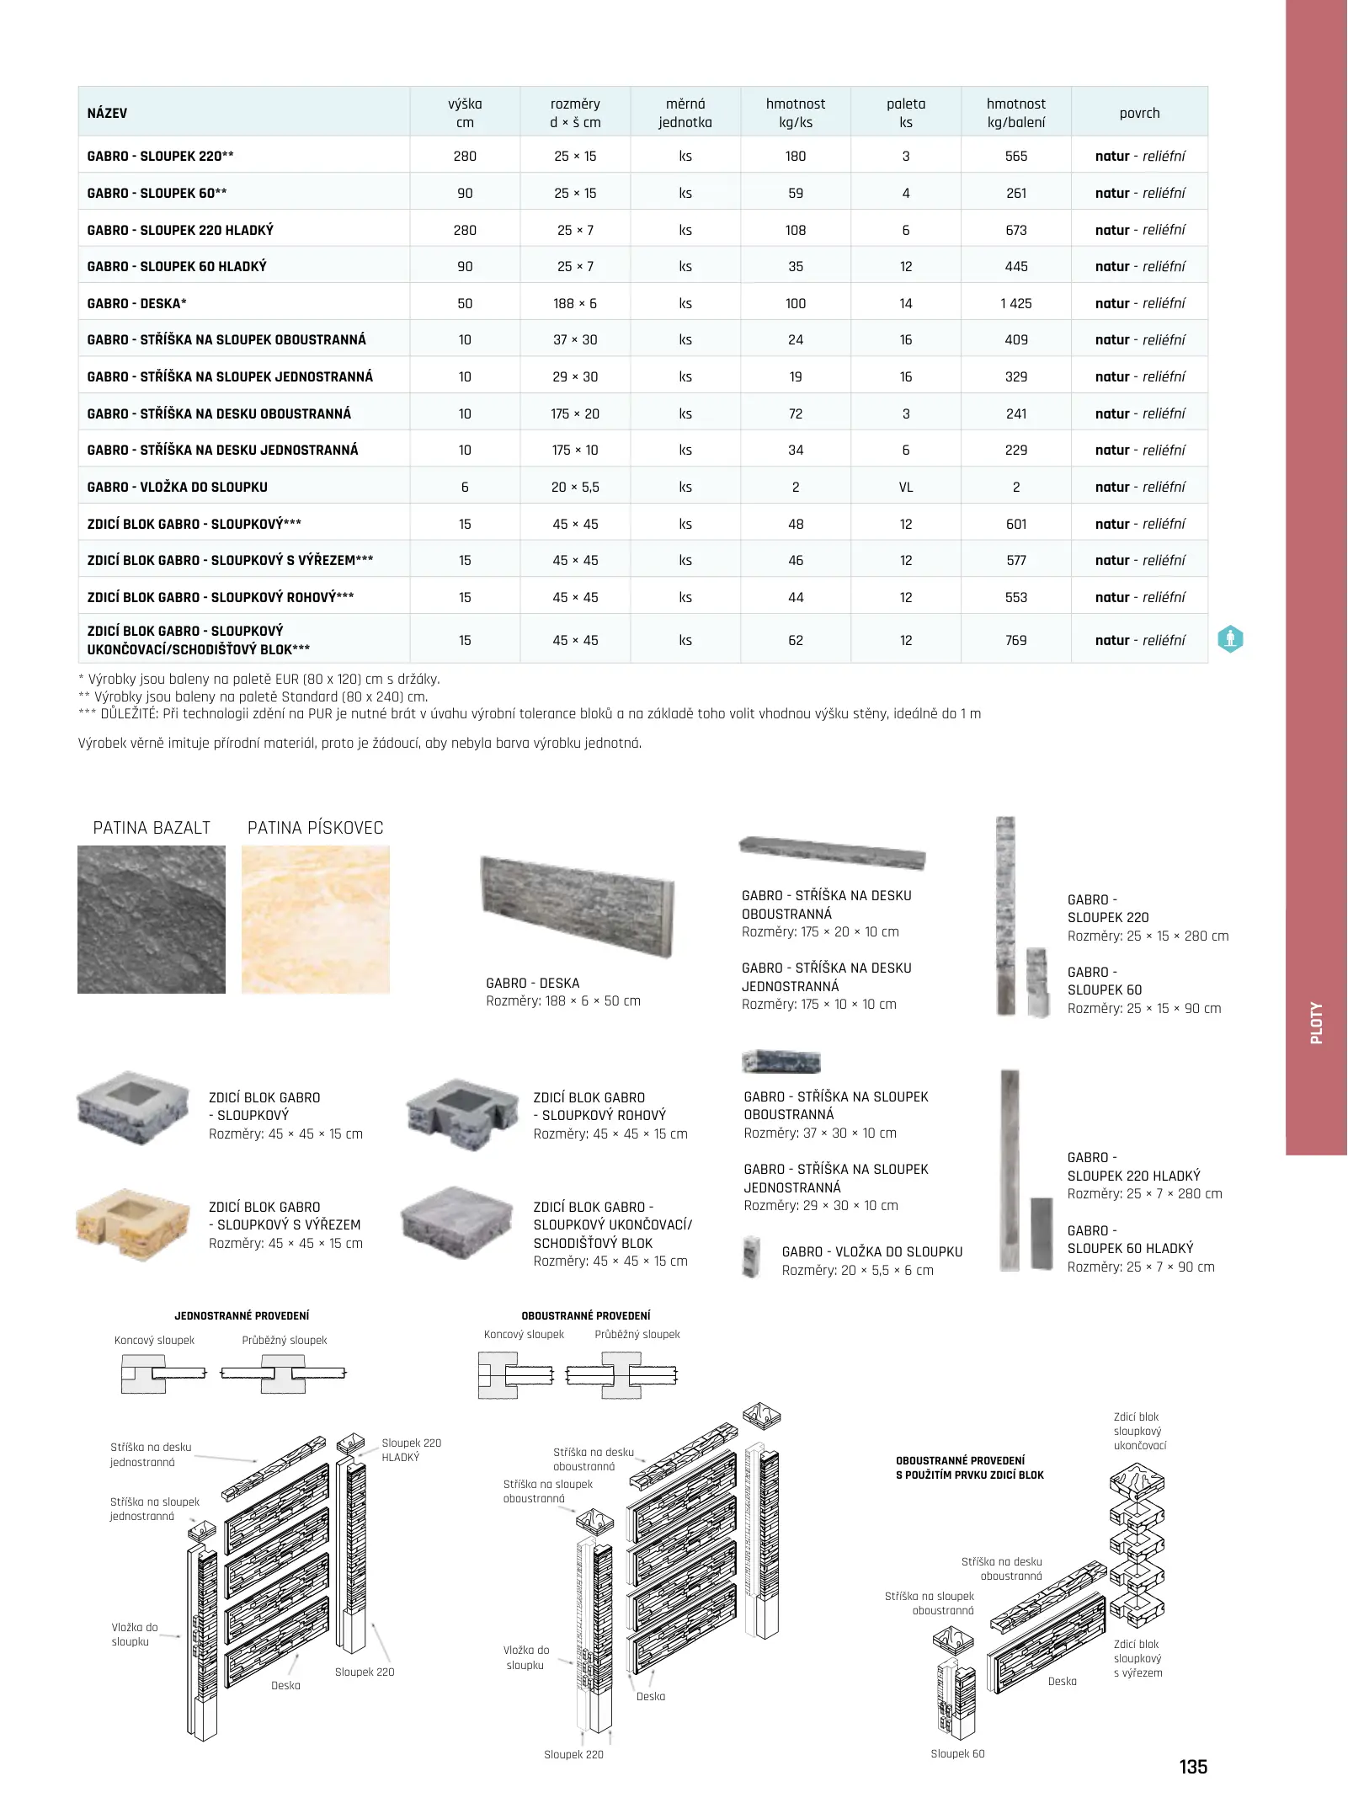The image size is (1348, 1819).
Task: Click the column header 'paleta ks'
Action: [905, 113]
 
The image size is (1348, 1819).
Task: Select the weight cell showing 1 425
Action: [1015, 303]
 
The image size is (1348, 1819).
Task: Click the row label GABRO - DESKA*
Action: [137, 303]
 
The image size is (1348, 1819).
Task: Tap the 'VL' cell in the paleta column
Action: [905, 487]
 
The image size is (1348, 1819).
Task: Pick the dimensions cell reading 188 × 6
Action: [575, 303]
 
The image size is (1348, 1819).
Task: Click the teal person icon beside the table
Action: [1230, 639]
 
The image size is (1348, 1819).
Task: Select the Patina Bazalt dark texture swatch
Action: [152, 919]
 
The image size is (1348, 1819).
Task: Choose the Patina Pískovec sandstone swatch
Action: [316, 919]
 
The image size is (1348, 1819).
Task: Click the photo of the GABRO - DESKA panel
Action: [577, 905]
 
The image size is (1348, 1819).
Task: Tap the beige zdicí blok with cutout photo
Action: [132, 1224]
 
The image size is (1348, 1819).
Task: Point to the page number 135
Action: [1192, 1766]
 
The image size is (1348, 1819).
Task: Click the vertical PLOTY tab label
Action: [1316, 1022]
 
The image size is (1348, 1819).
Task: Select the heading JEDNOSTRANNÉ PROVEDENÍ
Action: [242, 1315]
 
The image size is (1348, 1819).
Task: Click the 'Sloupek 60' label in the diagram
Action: [957, 1753]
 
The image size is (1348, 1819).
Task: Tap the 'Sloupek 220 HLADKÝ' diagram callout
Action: [411, 1449]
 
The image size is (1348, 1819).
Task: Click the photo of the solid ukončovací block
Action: [457, 1223]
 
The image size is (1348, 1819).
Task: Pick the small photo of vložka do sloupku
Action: [752, 1256]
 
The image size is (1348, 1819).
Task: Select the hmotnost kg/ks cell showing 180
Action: [795, 156]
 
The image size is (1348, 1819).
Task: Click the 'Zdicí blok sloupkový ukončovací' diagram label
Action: [1139, 1431]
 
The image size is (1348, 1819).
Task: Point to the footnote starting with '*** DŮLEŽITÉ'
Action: [529, 713]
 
